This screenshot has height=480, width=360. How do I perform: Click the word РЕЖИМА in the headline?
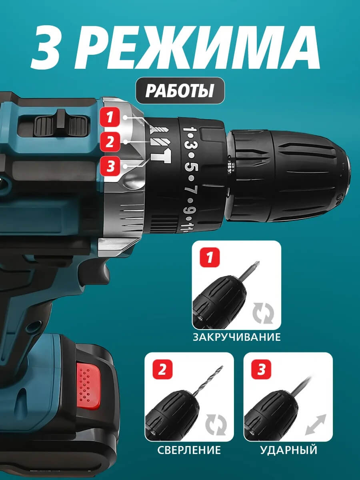(201, 48)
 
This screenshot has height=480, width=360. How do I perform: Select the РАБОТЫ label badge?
(180, 90)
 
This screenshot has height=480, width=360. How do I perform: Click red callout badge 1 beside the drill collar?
(110, 117)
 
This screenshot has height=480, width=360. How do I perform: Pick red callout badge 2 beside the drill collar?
(110, 142)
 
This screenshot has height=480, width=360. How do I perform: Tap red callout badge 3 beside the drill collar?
(110, 166)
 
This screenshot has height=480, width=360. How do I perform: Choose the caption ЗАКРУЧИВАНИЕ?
(237, 337)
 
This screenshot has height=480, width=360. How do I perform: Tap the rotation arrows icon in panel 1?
(263, 313)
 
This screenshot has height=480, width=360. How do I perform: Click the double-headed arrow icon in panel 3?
(316, 424)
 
